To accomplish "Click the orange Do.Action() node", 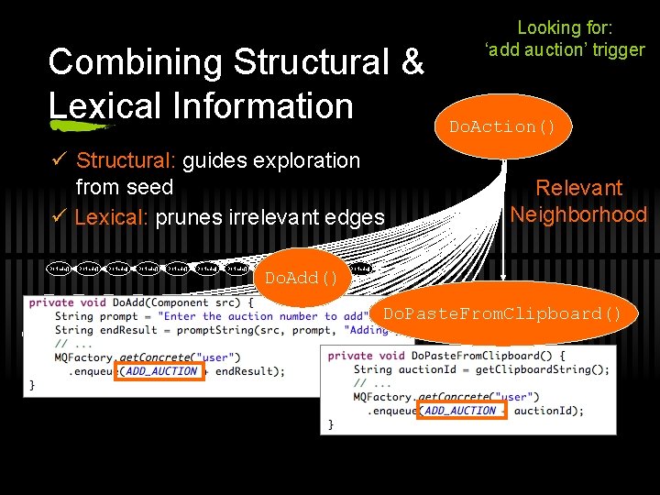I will [502, 126].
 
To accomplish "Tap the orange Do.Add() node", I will [302, 277].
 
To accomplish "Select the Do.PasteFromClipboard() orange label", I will [502, 313].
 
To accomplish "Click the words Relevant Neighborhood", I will [578, 202].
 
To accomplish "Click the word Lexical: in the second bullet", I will [112, 218].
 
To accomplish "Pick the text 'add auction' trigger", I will [565, 49].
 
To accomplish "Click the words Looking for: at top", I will [565, 28].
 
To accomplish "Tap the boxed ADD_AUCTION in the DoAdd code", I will [160, 371].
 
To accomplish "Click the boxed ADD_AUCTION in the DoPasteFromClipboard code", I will [460, 411].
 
